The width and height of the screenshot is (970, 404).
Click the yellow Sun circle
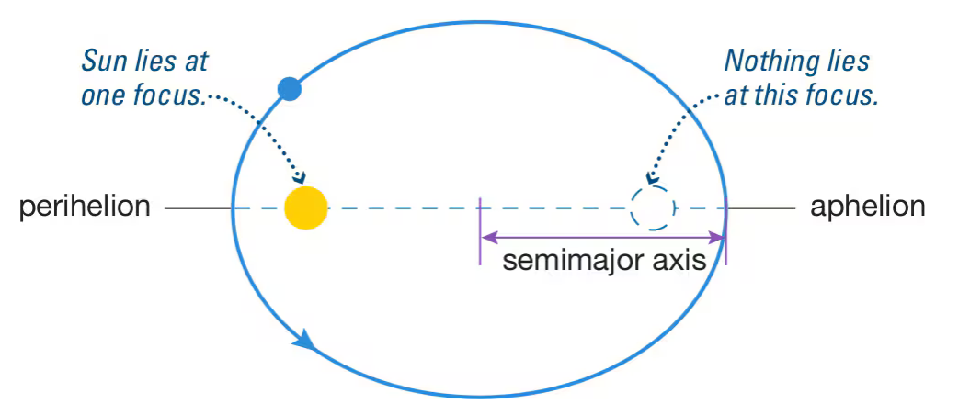click(306, 208)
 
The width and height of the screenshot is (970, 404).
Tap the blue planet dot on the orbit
click(290, 88)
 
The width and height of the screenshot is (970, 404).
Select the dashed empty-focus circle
click(652, 208)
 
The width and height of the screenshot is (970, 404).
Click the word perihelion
click(85, 207)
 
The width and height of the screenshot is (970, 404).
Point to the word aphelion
click(867, 207)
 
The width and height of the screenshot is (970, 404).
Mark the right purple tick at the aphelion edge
click(725, 234)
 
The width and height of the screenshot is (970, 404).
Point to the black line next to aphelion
click(762, 208)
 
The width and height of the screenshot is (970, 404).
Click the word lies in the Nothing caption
click(845, 62)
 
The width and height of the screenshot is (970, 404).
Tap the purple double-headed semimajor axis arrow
click(602, 237)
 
